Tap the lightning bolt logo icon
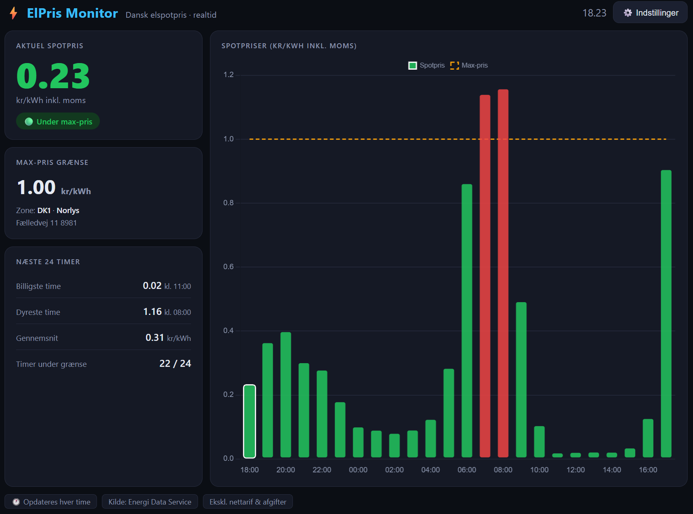(14, 13)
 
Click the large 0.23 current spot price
(53, 76)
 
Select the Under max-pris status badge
(58, 122)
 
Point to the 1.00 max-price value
(36, 188)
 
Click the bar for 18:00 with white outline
(250, 421)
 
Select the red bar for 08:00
(503, 273)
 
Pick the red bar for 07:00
(485, 276)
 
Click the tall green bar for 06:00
(467, 321)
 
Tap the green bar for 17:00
(666, 314)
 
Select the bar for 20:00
(286, 395)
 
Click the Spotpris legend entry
(426, 65)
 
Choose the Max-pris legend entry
(469, 65)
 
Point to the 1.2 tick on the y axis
(229, 75)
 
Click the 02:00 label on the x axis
(394, 469)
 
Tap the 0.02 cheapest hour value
(152, 286)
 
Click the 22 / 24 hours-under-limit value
(175, 364)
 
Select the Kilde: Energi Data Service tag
(150, 502)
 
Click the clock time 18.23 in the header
(594, 13)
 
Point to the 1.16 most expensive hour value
(153, 312)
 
